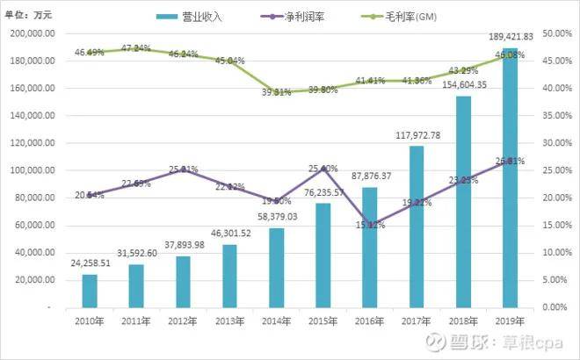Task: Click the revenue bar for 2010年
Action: [90, 291]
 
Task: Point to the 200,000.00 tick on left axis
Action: [33, 33]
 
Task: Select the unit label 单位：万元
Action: [30, 17]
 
